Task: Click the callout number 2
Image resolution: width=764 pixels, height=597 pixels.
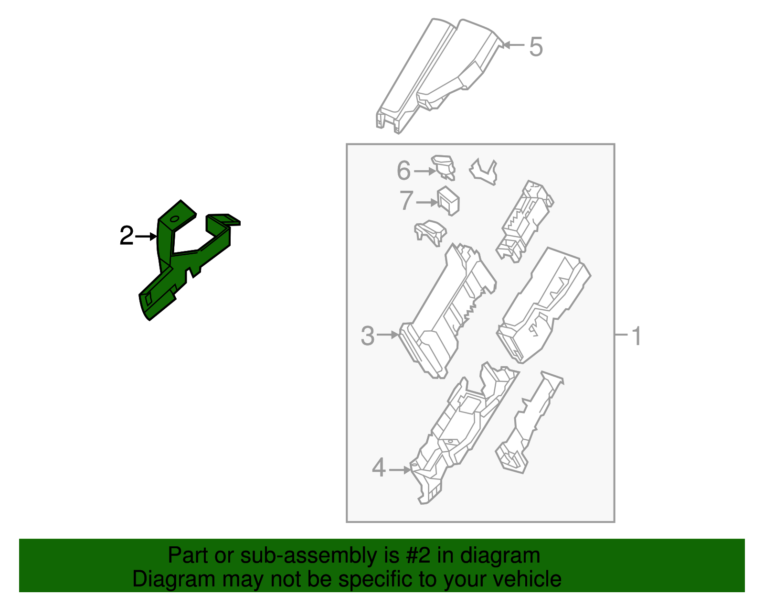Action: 126,236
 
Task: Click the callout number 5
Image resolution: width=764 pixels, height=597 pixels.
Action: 536,47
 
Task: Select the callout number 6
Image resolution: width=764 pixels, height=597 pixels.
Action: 403,171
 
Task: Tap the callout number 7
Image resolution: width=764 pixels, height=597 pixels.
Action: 406,201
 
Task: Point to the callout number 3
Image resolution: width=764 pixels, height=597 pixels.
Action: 368,336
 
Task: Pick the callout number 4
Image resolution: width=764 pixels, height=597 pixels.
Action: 379,468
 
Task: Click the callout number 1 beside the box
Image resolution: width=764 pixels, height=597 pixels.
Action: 637,336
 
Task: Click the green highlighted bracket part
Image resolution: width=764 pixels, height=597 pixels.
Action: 165,287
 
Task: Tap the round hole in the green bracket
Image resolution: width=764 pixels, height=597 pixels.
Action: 174,219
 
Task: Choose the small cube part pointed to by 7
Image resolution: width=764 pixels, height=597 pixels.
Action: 448,200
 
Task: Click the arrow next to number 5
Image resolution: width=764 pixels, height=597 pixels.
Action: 514,45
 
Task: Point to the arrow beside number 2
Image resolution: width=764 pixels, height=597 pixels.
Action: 146,236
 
